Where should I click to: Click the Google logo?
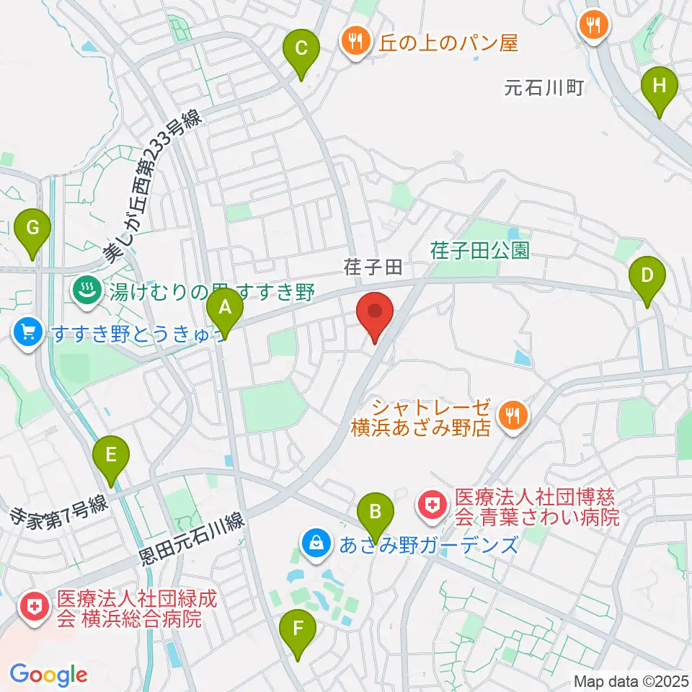(x=48, y=675)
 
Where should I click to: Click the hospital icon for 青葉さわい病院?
(x=432, y=507)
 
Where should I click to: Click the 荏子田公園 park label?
(x=480, y=250)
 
